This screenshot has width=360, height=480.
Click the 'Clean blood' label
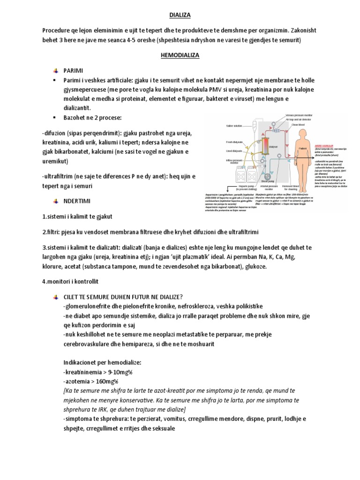tap(298, 125)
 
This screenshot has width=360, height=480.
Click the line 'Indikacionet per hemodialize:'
tap(104, 363)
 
